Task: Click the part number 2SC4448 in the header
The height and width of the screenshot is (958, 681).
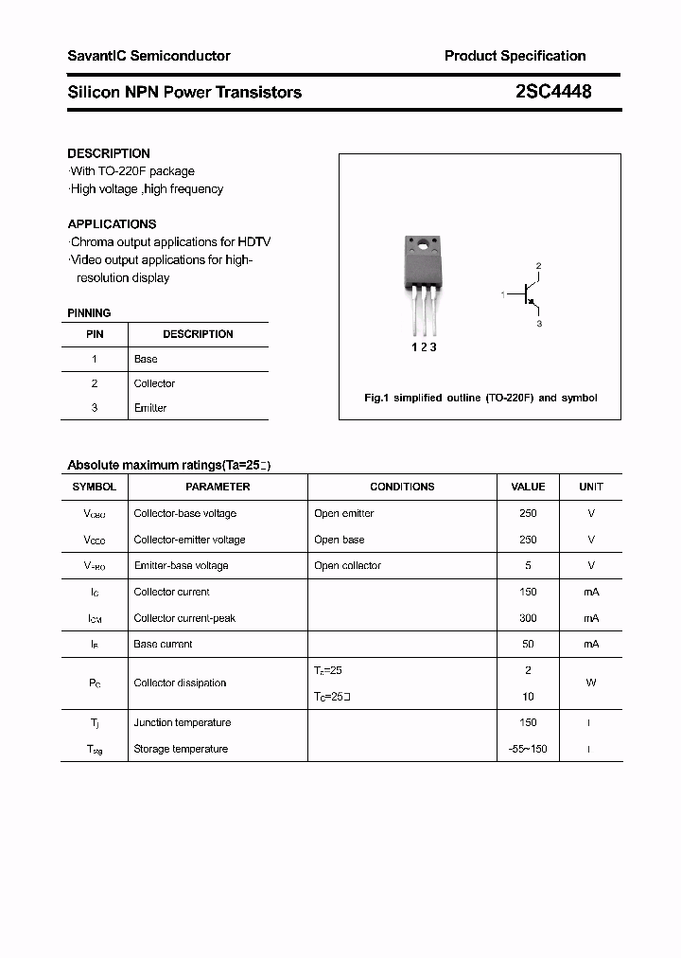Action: click(554, 92)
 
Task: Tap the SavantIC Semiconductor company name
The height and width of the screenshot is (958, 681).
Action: click(148, 56)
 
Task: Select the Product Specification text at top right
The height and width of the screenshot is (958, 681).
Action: click(515, 56)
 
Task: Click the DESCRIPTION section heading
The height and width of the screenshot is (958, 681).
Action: click(109, 153)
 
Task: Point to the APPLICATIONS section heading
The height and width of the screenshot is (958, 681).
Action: click(112, 224)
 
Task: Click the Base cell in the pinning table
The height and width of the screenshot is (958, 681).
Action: click(146, 360)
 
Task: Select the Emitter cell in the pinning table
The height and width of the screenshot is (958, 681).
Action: click(149, 408)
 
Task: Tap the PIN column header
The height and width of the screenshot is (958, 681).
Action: click(95, 334)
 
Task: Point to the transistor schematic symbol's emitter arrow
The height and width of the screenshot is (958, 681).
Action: click(532, 305)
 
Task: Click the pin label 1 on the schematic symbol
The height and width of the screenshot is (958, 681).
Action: click(503, 295)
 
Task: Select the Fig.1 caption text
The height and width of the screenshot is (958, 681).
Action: click(480, 399)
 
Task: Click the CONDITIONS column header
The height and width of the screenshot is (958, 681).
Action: click(402, 487)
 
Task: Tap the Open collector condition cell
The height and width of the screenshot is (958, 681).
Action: click(347, 566)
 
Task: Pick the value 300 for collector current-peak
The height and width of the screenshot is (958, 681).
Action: click(528, 618)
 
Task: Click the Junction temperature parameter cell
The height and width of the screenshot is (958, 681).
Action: click(182, 723)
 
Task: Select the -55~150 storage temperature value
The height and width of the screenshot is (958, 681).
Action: click(528, 749)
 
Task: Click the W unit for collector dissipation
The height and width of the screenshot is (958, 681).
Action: click(591, 683)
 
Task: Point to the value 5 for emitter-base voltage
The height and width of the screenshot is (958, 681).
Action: click(528, 566)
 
